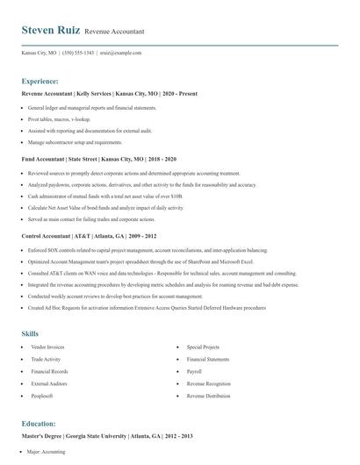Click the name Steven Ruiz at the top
coord(51,31)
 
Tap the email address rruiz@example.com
coord(120,53)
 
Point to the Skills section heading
coord(31,333)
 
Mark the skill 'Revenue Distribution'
coord(209,396)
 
